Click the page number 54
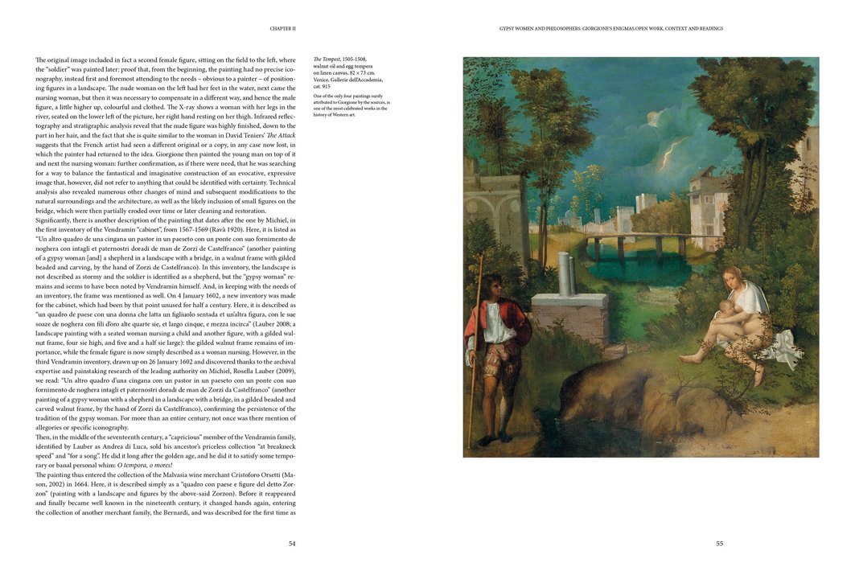click(x=292, y=544)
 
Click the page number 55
click(x=719, y=544)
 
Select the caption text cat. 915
click(x=322, y=86)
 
